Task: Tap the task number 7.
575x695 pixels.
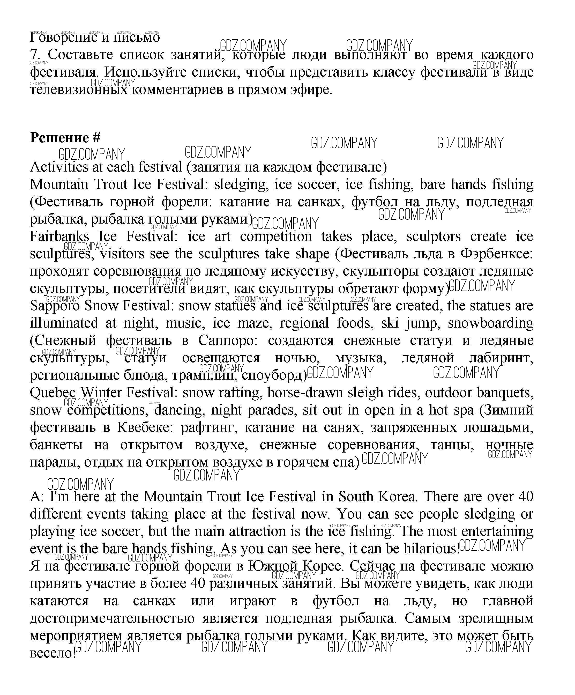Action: point(34,55)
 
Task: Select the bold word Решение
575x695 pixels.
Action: point(59,138)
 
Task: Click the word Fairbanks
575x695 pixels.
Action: point(59,236)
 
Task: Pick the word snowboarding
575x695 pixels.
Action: point(490,323)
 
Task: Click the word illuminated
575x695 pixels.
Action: point(64,323)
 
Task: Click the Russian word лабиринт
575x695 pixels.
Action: point(501,358)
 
